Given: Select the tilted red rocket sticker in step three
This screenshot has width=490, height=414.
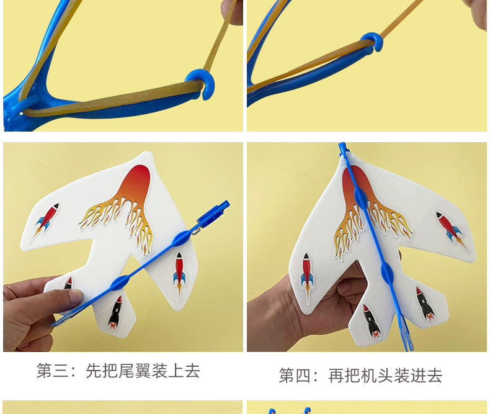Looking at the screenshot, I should click(x=47, y=218).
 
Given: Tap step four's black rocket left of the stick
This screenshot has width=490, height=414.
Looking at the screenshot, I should click(x=370, y=321).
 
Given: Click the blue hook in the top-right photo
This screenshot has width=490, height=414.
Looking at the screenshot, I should click(x=372, y=42).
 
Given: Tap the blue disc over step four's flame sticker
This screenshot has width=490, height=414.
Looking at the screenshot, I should click(x=360, y=197).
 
